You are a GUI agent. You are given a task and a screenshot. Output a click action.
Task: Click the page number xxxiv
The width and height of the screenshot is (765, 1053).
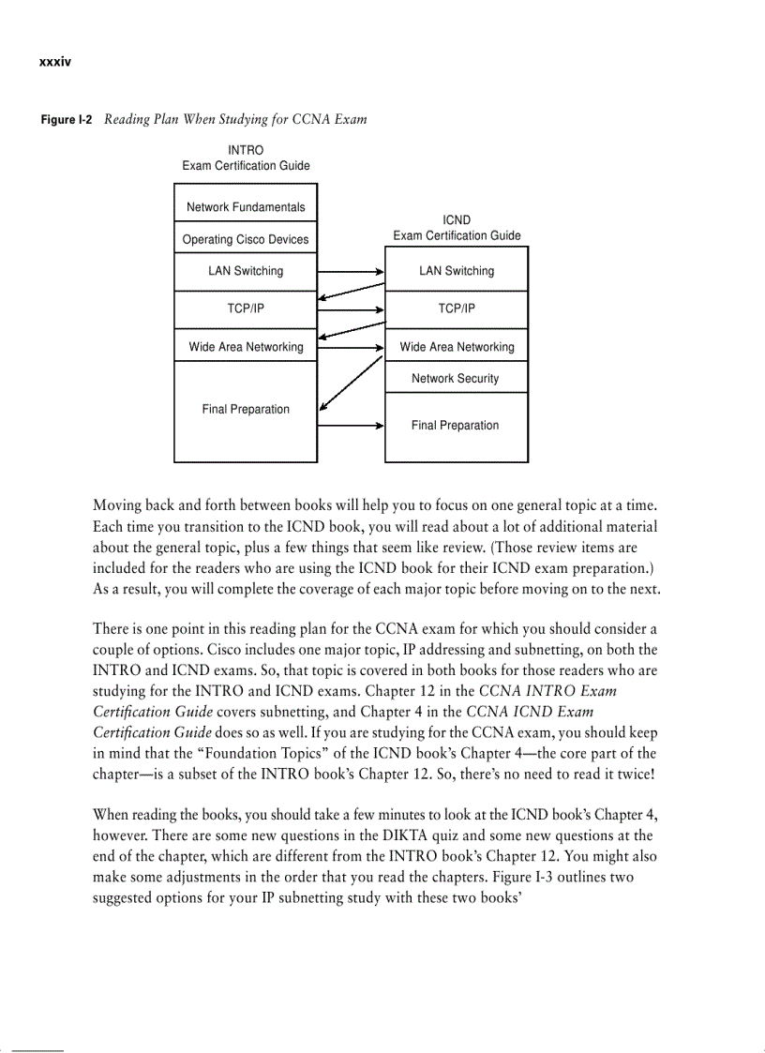[55, 62]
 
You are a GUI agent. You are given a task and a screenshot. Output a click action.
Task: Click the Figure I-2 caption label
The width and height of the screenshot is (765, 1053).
[66, 120]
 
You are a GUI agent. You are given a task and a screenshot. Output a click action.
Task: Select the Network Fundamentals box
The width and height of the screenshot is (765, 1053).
[246, 207]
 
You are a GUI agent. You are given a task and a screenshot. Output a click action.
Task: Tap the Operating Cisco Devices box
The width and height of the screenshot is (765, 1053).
[246, 239]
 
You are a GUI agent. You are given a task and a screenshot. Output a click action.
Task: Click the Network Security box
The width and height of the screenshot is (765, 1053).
[456, 379]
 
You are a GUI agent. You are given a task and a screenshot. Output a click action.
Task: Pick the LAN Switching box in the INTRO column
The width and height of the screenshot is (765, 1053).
[246, 271]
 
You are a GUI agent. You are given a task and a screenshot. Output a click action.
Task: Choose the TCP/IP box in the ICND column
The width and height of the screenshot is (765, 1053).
[457, 308]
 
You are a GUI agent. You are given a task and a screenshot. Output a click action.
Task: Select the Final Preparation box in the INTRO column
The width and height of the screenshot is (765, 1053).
[246, 410]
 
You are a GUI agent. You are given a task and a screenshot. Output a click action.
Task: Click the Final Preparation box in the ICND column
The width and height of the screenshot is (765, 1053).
[456, 426]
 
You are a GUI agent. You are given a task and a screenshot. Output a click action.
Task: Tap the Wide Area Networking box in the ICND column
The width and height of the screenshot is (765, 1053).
[457, 347]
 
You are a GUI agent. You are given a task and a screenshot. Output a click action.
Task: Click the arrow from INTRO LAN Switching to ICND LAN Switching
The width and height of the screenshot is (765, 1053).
[351, 271]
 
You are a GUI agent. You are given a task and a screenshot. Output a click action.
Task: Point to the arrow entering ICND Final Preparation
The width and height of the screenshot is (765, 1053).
[351, 426]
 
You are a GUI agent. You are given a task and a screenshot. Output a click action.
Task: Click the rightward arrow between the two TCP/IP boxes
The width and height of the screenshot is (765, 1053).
[351, 308]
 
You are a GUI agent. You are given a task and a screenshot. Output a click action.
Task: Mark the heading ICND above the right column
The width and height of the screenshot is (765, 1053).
[457, 220]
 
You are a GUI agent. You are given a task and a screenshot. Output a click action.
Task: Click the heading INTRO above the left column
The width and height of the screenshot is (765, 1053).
[246, 150]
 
